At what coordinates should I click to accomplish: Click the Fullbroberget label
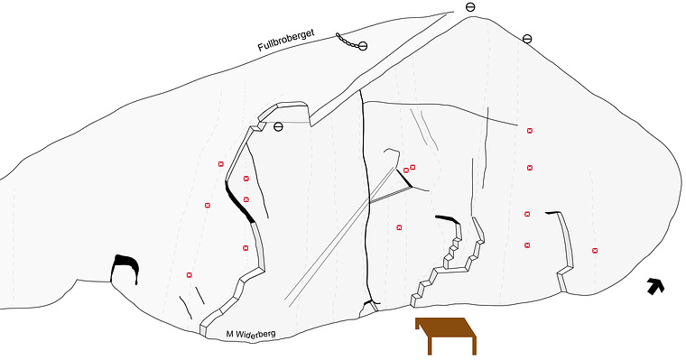coord(286,41)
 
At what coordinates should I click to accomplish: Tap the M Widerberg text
coord(251,334)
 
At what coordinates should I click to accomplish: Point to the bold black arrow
coord(656,286)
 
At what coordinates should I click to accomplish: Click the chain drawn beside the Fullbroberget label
coord(347,41)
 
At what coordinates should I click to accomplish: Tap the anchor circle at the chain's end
coord(363,46)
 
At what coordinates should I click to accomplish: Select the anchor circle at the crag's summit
coord(470,7)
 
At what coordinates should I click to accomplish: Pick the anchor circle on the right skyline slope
coord(527,39)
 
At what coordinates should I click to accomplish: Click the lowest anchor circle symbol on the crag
coord(278,127)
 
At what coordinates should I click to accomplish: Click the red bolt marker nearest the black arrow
coord(595,251)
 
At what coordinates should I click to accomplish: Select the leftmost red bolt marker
coord(190,274)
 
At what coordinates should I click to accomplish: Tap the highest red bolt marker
coord(530,130)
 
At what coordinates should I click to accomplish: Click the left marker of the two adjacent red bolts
coord(406,171)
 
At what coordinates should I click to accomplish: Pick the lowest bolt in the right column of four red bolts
coord(528,245)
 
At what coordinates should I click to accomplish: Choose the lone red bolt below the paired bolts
coord(399,227)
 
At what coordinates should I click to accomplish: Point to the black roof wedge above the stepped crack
coord(448,218)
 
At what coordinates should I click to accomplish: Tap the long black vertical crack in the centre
coord(365,197)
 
